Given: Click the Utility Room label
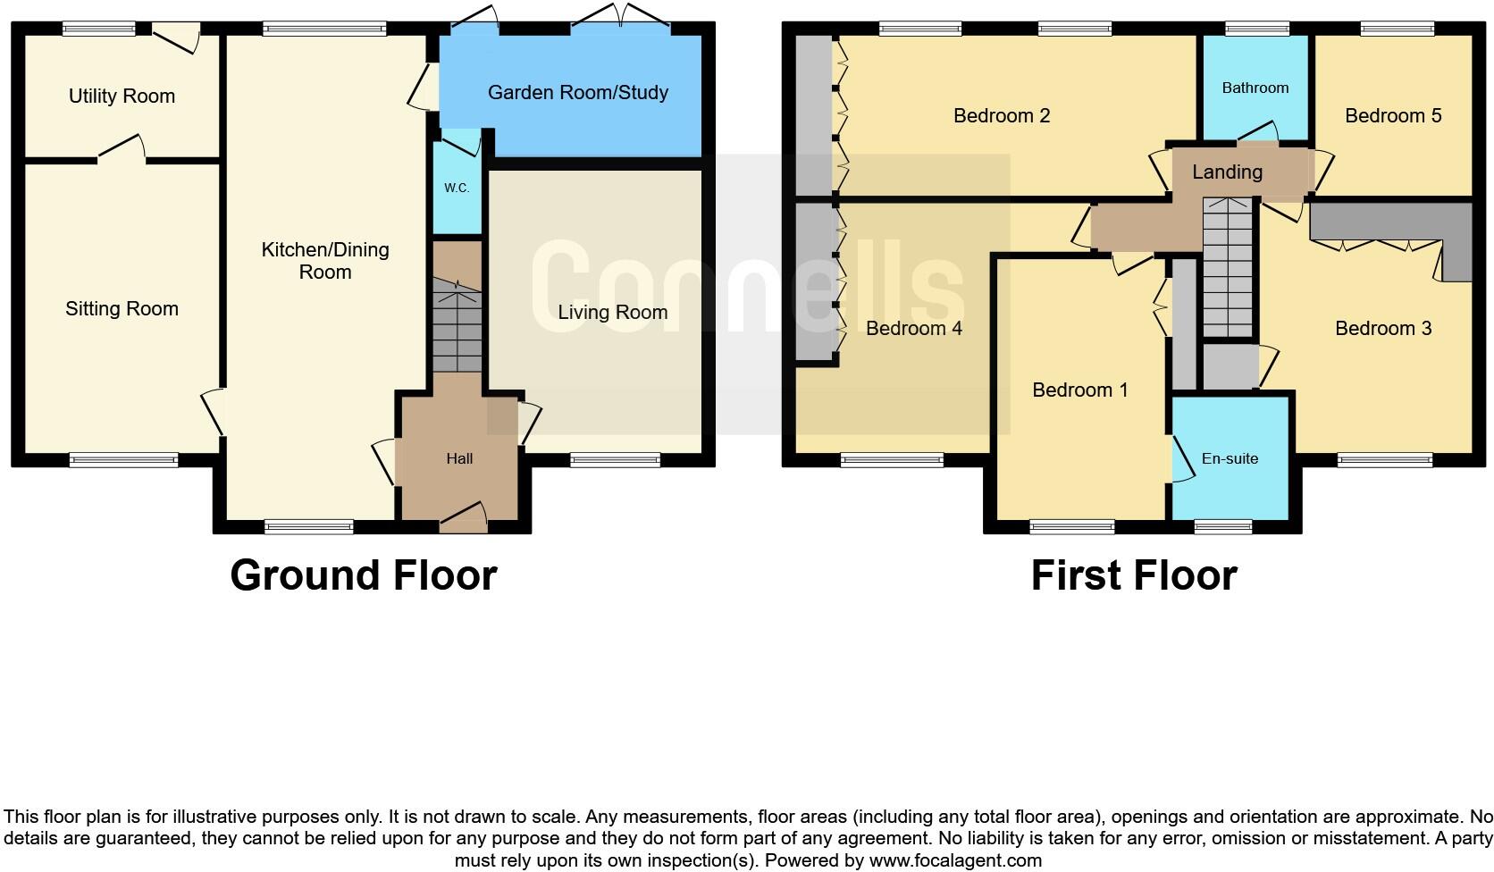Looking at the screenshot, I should (122, 96).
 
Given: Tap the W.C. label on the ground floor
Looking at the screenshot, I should (457, 189).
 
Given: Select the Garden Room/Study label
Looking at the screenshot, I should (577, 93).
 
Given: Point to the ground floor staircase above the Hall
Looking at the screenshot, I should (457, 326).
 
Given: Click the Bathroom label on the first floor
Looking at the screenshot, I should (1255, 88).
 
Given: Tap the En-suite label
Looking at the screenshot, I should (1230, 458).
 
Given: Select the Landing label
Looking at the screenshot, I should (1227, 172).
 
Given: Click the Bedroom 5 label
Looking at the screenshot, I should (1392, 115).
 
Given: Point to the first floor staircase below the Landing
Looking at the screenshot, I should (1228, 268).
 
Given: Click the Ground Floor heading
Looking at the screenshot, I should (363, 575).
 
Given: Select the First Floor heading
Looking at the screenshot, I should (1133, 575).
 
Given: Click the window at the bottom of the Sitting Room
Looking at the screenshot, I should (124, 460).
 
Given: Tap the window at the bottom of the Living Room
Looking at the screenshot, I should (615, 460).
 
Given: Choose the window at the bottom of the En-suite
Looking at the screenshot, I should (1223, 527).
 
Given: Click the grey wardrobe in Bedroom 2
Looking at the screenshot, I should (813, 114).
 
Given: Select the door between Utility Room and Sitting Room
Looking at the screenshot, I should (122, 152).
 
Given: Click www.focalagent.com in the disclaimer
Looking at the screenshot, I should (955, 860).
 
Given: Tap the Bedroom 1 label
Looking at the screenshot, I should (1079, 390).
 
